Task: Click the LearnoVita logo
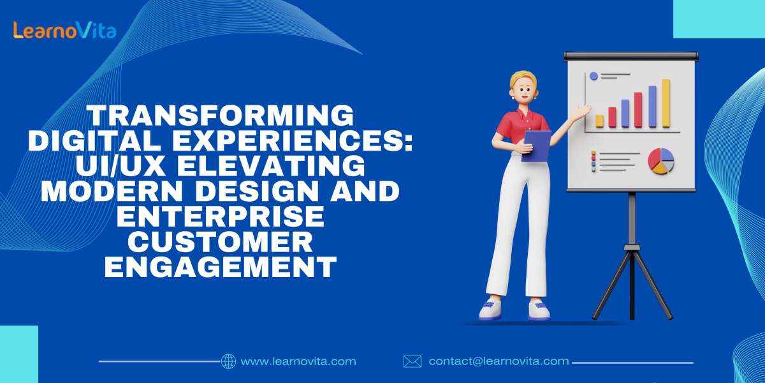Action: [x=64, y=30]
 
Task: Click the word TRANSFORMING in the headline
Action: [x=220, y=117]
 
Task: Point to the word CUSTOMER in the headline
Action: [x=220, y=242]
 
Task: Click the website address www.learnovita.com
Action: [x=298, y=361]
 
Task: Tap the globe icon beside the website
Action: [x=228, y=361]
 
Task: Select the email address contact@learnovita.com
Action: [x=499, y=361]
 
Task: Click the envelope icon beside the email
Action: [x=412, y=361]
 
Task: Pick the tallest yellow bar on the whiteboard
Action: [x=666, y=103]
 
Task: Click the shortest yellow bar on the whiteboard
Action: [x=599, y=121]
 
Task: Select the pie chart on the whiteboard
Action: [x=661, y=160]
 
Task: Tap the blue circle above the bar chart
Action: [x=594, y=76]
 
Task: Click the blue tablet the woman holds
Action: [x=536, y=146]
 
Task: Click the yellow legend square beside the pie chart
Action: [x=594, y=158]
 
